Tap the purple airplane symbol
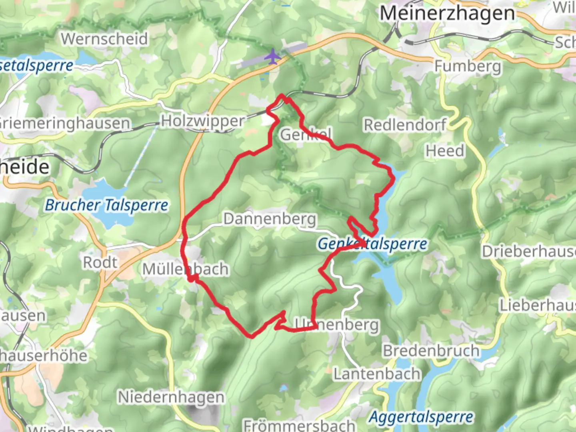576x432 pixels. tap(273, 56)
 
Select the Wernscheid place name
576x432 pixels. tap(104, 39)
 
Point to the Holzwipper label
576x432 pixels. tap(202, 121)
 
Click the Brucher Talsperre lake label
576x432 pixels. tap(106, 205)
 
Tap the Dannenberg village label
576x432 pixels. tap(270, 219)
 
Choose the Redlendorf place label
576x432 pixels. tap(405, 125)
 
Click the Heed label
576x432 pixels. tap(445, 151)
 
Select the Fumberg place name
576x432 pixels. tap(468, 66)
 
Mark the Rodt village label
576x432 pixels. tap(100, 262)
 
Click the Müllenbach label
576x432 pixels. tap(186, 269)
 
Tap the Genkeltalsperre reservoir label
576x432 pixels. tap(372, 244)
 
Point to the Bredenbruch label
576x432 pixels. tap(431, 351)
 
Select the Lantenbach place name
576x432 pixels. tap(377, 374)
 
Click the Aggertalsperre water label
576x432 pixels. tap(421, 417)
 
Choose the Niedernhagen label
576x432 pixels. tap(171, 397)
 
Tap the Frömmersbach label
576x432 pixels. tap(299, 425)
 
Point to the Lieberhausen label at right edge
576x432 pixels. tap(538, 305)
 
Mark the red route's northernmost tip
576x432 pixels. tap(282, 95)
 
